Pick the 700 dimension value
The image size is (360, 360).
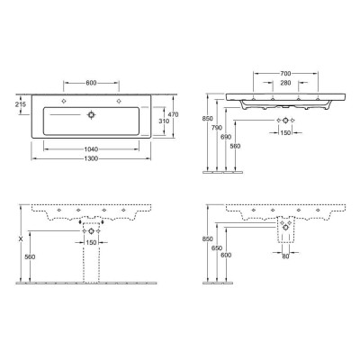pos(283,71)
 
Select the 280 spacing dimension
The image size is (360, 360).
pos(283,82)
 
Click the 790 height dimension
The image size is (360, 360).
pos(217,129)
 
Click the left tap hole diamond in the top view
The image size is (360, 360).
pos(66,102)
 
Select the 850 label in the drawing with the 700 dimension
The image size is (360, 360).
pos(206,117)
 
